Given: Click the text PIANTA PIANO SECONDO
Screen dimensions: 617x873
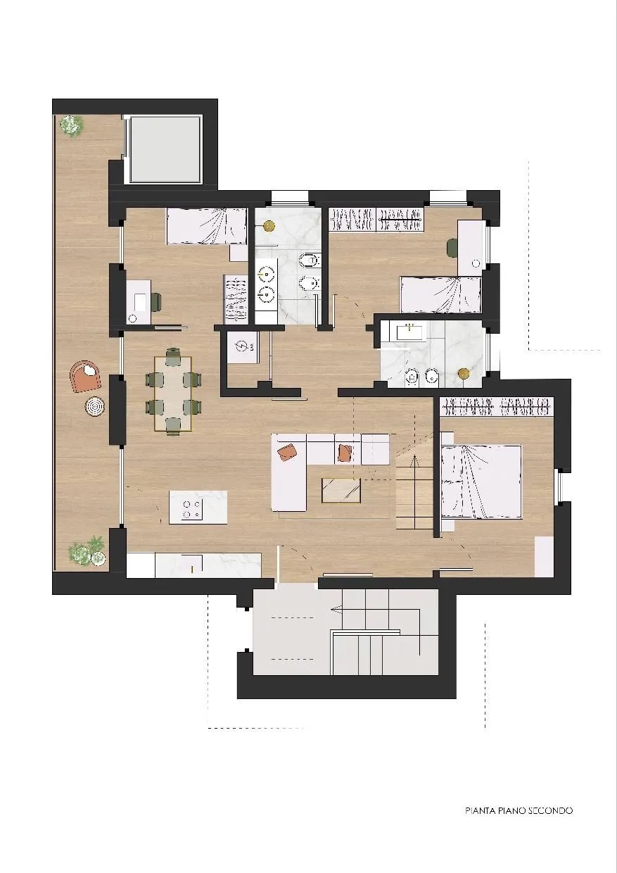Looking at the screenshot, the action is point(519,810).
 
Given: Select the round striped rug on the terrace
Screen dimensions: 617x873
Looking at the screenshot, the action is point(95,406).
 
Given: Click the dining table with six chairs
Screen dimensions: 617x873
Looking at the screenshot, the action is point(173,394).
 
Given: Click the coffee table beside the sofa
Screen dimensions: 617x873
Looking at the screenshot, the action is point(341,490).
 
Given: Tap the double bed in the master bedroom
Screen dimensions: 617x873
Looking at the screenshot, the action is point(481,482).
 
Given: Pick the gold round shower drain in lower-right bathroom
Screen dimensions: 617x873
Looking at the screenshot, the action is point(464,374).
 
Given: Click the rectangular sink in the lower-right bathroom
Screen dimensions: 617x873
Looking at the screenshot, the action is point(409,332).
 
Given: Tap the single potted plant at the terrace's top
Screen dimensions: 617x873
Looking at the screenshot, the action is point(71,125).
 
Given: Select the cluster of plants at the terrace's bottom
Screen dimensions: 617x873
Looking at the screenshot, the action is point(87,551).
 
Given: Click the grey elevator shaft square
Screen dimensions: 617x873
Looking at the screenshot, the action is point(165,149).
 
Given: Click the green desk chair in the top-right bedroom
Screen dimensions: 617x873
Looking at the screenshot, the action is point(452,249).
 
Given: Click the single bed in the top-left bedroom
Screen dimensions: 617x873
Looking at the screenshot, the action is point(207,227).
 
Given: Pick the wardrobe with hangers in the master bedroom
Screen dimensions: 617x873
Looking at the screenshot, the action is point(497,407).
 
